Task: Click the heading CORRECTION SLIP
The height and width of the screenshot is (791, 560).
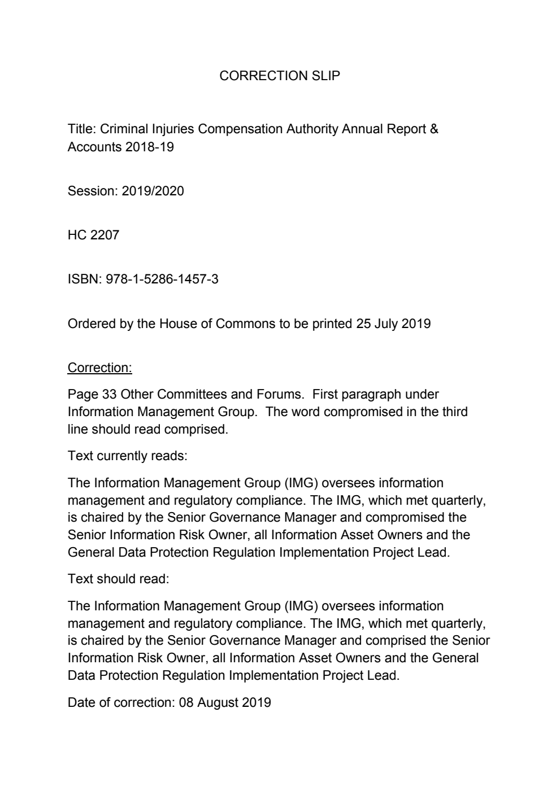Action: pyautogui.click(x=280, y=76)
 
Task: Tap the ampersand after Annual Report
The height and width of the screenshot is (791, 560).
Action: pyautogui.click(x=433, y=129)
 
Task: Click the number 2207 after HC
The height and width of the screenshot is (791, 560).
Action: pyautogui.click(x=105, y=235)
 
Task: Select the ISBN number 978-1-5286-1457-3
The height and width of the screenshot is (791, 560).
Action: pyautogui.click(x=162, y=279)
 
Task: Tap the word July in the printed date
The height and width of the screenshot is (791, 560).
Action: pyautogui.click(x=386, y=324)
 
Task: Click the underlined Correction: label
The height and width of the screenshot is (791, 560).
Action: pyautogui.click(x=99, y=368)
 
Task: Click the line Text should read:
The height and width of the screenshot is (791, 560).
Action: pyautogui.click(x=118, y=579)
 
